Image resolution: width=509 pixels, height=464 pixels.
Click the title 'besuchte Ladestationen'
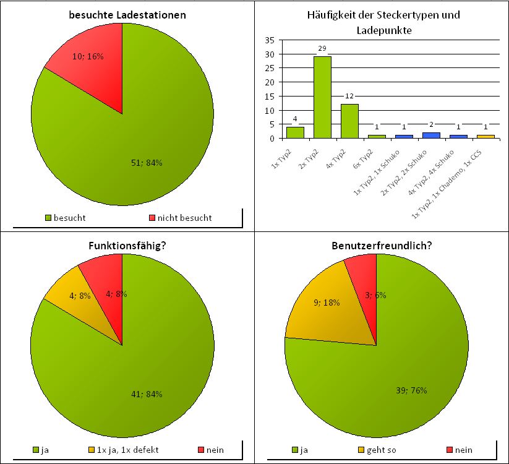click(x=126, y=14)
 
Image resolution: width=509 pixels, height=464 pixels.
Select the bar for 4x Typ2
click(x=349, y=121)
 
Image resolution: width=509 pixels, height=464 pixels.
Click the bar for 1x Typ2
click(x=295, y=132)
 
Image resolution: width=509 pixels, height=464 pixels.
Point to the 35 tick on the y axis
click(x=270, y=40)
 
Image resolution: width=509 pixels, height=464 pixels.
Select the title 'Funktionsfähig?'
click(x=126, y=246)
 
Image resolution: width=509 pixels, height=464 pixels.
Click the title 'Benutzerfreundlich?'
click(x=381, y=246)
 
